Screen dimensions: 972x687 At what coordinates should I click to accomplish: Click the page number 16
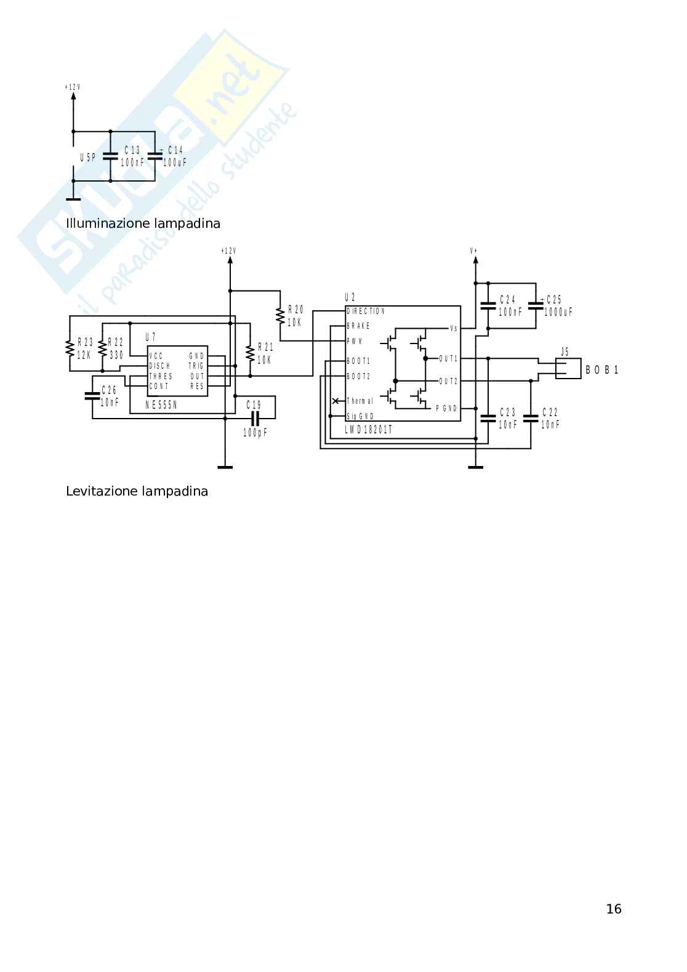(613, 909)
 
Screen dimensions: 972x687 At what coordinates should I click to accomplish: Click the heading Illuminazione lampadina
(143, 223)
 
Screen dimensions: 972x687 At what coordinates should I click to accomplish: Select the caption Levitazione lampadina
(137, 491)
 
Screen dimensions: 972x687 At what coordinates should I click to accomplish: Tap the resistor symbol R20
(281, 316)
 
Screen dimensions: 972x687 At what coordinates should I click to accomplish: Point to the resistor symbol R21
(250, 353)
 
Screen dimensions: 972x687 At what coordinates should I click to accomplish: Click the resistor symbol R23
(70, 348)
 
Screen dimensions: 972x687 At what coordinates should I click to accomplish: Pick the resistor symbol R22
(102, 348)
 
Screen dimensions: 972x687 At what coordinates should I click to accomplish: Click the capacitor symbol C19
(254, 418)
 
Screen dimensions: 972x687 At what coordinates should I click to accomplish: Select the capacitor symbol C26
(92, 396)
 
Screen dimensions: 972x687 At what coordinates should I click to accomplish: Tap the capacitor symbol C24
(488, 305)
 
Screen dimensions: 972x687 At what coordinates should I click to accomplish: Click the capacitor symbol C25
(536, 305)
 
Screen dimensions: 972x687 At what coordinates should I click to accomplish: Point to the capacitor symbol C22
(531, 419)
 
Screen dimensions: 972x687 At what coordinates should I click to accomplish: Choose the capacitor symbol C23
(488, 419)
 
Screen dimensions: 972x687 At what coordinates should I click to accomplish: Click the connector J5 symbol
(568, 368)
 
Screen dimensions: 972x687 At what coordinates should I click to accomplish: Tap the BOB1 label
(601, 370)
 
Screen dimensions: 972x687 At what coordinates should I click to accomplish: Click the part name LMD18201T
(368, 430)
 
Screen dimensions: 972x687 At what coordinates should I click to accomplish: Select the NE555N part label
(161, 405)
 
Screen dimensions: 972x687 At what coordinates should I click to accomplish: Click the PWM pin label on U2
(355, 341)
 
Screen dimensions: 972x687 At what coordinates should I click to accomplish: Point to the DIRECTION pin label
(366, 311)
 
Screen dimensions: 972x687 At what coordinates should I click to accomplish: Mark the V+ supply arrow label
(474, 251)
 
